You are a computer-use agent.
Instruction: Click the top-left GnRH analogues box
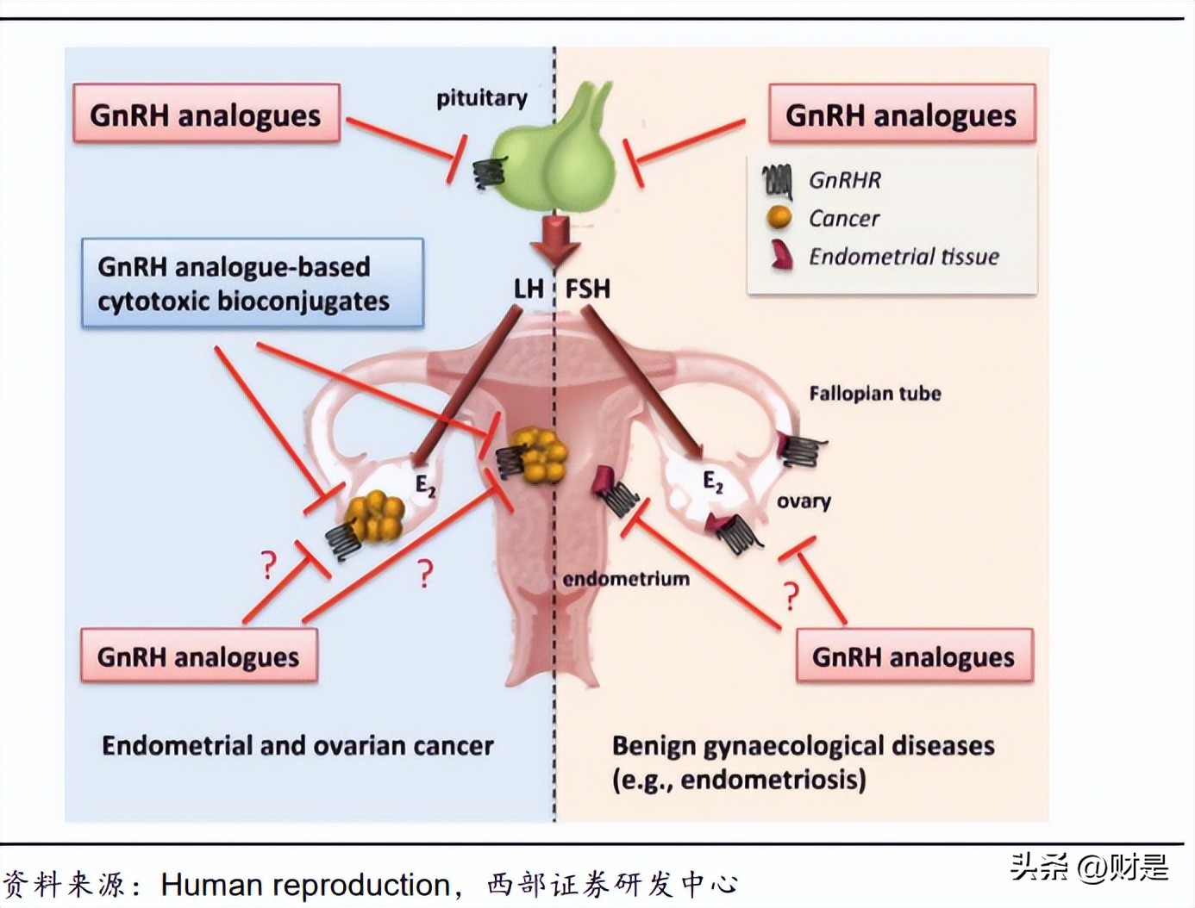pyautogui.click(x=206, y=114)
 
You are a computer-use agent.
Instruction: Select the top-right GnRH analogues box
pyautogui.click(x=901, y=114)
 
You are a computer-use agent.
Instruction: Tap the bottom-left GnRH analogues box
pyautogui.click(x=198, y=656)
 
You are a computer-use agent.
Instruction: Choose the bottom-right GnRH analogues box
pyautogui.click(x=913, y=656)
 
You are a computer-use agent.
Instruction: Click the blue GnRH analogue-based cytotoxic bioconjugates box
pyautogui.click(x=252, y=283)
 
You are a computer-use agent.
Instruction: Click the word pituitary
pyautogui.click(x=481, y=97)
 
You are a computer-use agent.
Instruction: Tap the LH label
pyautogui.click(x=528, y=288)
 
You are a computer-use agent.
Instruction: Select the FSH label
pyautogui.click(x=587, y=288)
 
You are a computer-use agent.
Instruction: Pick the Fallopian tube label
pyautogui.click(x=874, y=394)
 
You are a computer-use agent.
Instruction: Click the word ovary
pyautogui.click(x=804, y=501)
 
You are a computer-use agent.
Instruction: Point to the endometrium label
pyautogui.click(x=626, y=579)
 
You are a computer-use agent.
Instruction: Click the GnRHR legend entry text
pyautogui.click(x=844, y=180)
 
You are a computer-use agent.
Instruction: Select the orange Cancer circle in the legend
pyautogui.click(x=779, y=217)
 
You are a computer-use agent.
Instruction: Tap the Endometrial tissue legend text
pyautogui.click(x=903, y=257)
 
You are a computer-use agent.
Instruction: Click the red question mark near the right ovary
pyautogui.click(x=791, y=594)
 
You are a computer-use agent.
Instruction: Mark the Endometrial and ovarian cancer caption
pyautogui.click(x=297, y=745)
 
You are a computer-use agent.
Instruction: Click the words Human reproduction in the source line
pyautogui.click(x=305, y=885)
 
